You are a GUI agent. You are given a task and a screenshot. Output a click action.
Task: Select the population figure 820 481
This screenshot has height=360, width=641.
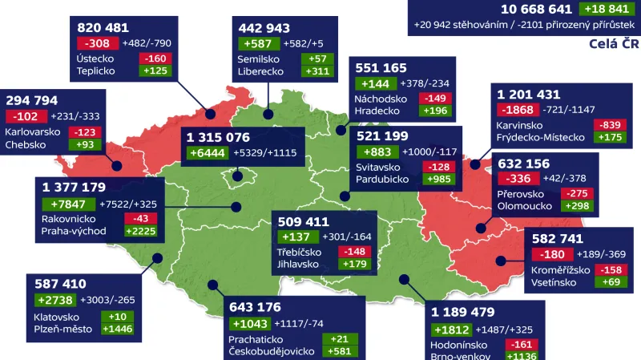[103, 27]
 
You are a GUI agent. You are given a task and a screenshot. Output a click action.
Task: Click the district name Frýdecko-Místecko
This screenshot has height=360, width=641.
[541, 137]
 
